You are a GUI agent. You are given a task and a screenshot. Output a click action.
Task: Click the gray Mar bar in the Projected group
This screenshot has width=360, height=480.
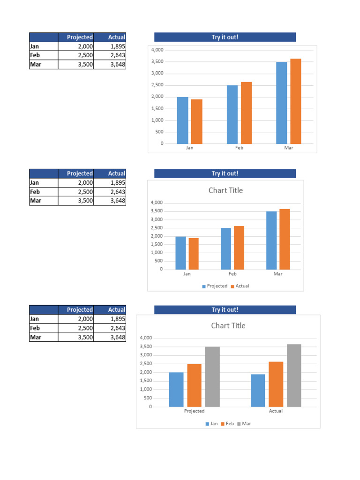point(212,376)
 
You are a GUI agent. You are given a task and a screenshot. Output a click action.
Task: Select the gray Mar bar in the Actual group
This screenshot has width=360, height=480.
point(294,375)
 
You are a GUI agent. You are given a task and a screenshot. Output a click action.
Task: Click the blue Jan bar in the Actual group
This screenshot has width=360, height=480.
point(258,390)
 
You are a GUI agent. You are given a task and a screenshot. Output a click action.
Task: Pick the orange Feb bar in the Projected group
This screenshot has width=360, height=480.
point(194,385)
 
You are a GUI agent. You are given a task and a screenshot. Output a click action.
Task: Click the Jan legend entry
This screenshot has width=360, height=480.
point(211,424)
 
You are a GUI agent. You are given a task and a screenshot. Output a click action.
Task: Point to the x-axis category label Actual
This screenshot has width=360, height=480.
point(276,411)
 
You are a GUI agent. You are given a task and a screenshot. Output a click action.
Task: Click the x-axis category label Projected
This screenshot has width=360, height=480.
point(194,411)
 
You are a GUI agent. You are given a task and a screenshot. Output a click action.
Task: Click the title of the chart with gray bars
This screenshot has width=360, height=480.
point(228,326)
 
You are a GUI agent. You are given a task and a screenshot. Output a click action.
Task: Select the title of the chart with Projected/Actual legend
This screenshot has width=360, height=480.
point(225,190)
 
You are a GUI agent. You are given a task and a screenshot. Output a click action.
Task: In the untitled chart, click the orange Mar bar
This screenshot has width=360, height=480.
point(295,101)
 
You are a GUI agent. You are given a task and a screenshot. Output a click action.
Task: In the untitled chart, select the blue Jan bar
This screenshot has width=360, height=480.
point(182,120)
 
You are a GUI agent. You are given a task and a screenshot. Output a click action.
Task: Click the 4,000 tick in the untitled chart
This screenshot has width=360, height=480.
point(157,50)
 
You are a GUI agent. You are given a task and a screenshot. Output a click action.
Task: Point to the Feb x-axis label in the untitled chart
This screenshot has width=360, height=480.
point(239,148)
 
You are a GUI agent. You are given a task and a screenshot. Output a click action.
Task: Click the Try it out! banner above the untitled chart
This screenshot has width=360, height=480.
point(225,37)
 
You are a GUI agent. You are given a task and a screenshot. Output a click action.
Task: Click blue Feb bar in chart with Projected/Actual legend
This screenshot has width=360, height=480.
point(226,248)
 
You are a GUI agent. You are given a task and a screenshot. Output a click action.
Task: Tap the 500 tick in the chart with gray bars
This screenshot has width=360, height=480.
point(147,398)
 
